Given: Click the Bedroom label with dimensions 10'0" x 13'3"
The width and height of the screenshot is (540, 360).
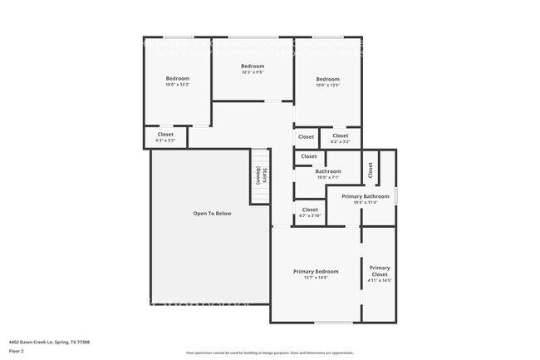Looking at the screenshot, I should pos(177,79).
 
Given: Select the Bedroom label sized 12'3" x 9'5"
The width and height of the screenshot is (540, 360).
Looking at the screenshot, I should pos(253,66).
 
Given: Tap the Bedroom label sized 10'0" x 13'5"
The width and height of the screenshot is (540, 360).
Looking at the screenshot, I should pos(327,79).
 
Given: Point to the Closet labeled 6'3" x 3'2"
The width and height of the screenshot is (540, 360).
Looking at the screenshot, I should pos(165,134).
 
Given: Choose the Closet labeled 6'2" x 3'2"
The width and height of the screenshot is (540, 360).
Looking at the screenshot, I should pos(341,136).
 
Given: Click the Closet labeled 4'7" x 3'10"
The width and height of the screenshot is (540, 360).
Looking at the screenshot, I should pos(310,210).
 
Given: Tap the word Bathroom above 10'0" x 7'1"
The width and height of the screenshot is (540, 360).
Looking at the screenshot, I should pos(328,171).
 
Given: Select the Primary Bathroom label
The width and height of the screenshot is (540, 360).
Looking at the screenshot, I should pos(366,196).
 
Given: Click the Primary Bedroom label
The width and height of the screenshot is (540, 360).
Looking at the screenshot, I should pos(316,271).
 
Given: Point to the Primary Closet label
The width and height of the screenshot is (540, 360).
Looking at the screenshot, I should pos(380,271).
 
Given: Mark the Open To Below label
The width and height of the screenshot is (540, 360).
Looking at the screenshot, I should pos(212,214).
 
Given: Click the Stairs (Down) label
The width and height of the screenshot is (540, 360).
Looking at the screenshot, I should pos(260,175).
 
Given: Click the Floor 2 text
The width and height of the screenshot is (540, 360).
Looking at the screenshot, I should pos(17,352).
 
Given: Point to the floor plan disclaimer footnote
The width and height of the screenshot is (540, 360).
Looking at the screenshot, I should pos(269,353).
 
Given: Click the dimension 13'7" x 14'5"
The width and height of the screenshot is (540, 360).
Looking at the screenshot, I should pos(316,277).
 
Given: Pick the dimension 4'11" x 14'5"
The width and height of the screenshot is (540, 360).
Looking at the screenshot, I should pos(380,280).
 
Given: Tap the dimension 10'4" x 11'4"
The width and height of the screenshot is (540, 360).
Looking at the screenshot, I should pos(366,202).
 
